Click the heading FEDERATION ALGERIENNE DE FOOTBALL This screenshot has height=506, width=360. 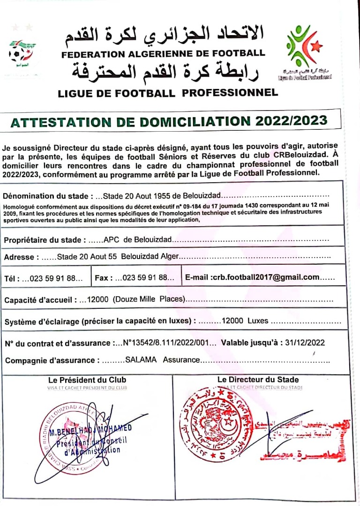[163, 53]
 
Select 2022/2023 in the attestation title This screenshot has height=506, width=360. [292, 121]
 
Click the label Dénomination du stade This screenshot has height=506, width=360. [44, 195]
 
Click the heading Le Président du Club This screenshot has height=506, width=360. [87, 379]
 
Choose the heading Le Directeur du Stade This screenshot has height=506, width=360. [258, 379]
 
